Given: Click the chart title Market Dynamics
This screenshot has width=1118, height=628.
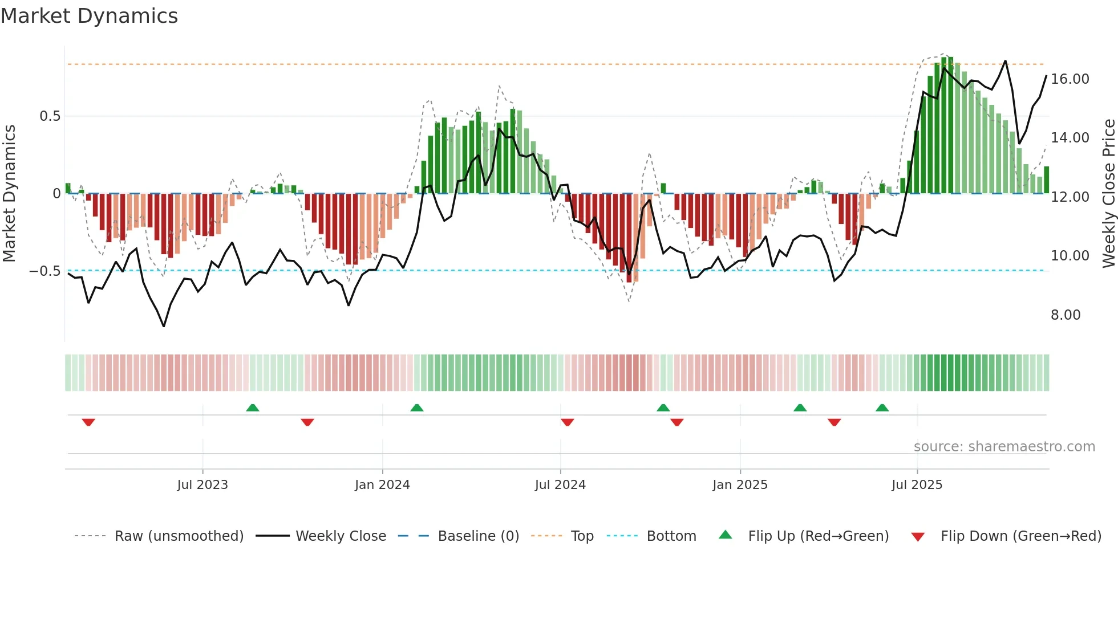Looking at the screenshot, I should tap(89, 16).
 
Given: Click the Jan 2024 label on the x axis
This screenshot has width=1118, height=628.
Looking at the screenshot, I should tap(382, 485).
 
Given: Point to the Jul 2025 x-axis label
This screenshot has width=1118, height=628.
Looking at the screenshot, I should tap(917, 485).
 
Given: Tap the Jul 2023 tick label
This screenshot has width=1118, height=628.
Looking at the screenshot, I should tap(202, 485).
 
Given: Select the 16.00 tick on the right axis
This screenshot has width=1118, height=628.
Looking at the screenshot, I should tap(1070, 79).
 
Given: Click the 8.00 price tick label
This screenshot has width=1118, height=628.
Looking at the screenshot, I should tap(1065, 315).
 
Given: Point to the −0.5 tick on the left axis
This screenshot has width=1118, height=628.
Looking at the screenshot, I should tap(44, 271).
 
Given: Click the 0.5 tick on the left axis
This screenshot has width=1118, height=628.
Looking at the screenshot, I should tap(50, 116).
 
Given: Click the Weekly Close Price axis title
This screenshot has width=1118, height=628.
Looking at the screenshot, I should tap(1108, 193).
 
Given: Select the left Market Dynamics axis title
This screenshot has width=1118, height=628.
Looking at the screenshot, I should tap(9, 193).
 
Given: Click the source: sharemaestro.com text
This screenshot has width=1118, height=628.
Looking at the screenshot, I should tap(1004, 447).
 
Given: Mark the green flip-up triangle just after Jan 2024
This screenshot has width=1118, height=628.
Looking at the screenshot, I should tap(417, 407).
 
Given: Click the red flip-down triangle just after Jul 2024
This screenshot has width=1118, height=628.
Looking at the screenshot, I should tap(567, 422).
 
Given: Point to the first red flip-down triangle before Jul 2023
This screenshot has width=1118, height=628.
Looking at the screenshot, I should tap(88, 422).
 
